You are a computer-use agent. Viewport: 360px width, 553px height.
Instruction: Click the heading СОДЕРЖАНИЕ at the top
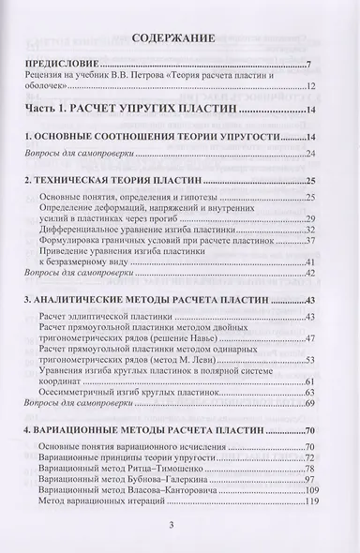[x=180, y=39]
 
